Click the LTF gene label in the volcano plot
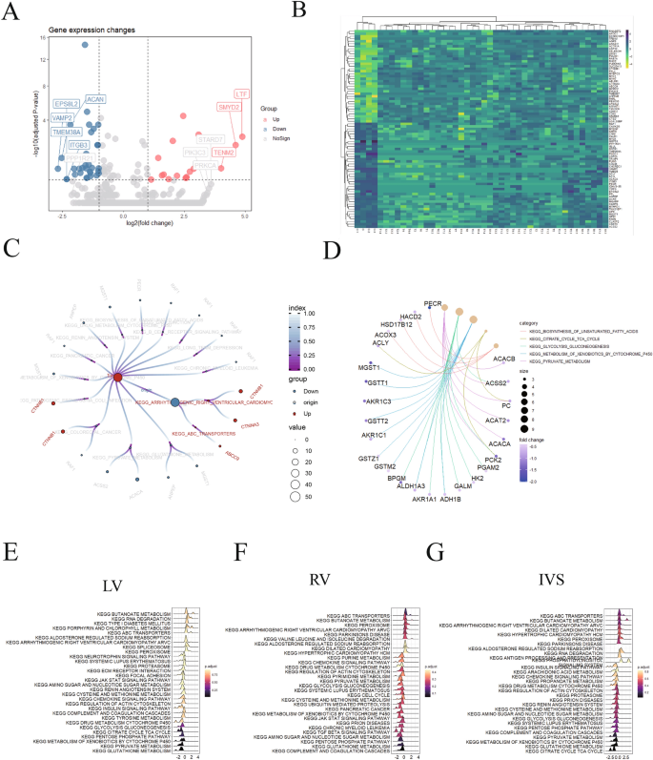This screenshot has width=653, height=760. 242,94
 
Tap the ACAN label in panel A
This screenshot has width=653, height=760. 96,99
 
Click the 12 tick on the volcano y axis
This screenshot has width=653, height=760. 43,60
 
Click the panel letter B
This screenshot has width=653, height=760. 297,10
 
